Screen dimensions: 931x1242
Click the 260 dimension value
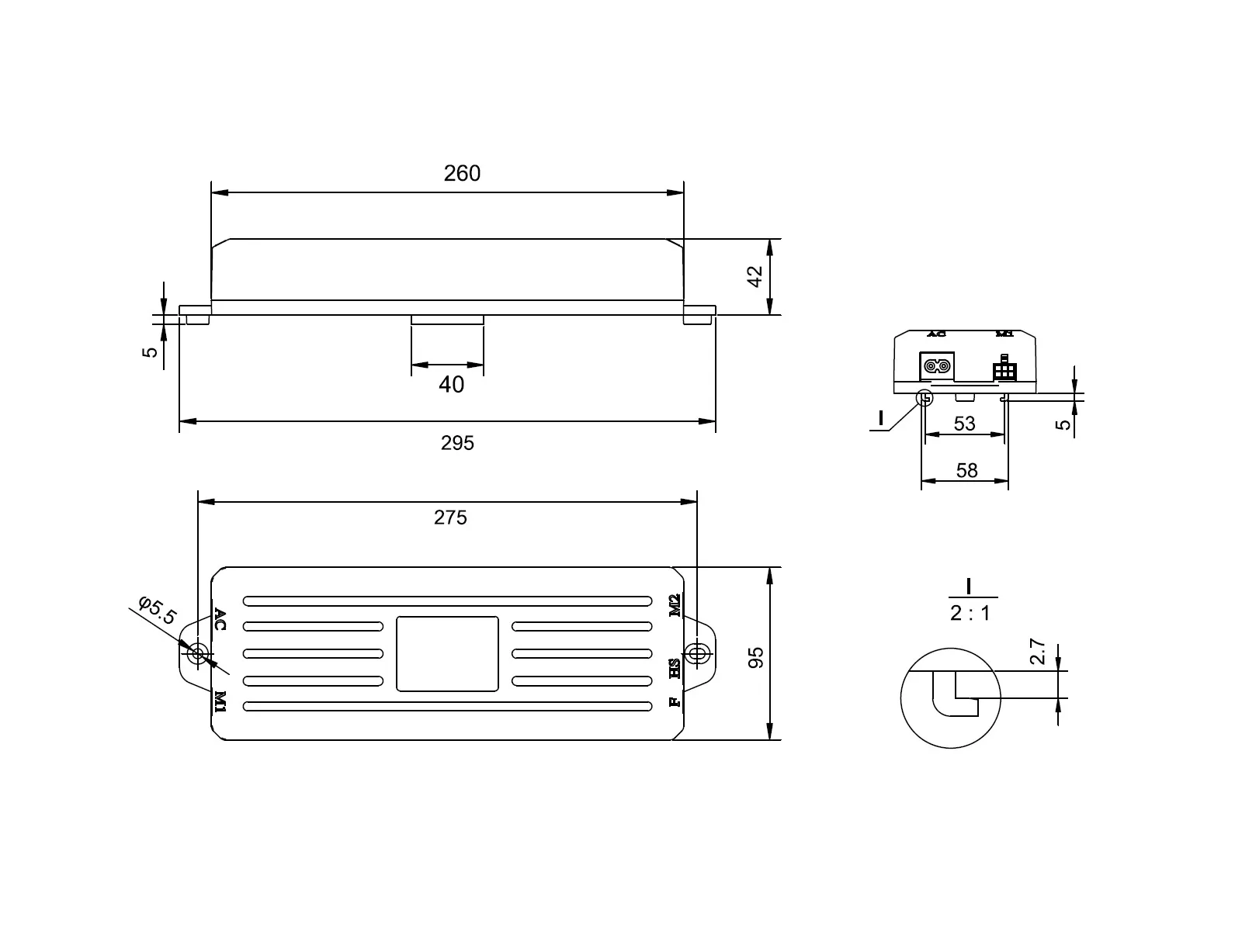coord(462,173)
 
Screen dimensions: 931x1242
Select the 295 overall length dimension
coord(457,443)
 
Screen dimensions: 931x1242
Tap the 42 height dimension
coord(755,276)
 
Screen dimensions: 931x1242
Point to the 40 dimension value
coord(451,384)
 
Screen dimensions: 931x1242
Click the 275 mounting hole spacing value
coord(450,517)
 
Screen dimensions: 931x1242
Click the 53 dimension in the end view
coord(964,423)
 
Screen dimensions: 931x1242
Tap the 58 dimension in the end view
coord(967,470)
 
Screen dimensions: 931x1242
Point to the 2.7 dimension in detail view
coord(1039,652)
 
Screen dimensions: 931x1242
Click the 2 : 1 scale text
coord(970,613)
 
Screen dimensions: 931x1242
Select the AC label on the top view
coord(220,620)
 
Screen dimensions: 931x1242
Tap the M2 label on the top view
coord(675,605)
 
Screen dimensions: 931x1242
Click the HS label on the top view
coord(675,668)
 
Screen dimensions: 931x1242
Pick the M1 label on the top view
coord(220,701)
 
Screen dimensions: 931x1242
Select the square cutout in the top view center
coord(447,653)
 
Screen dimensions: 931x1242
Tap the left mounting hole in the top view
coord(198,653)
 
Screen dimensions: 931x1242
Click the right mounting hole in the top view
coord(696,652)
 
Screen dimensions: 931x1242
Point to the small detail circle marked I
coord(925,399)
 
